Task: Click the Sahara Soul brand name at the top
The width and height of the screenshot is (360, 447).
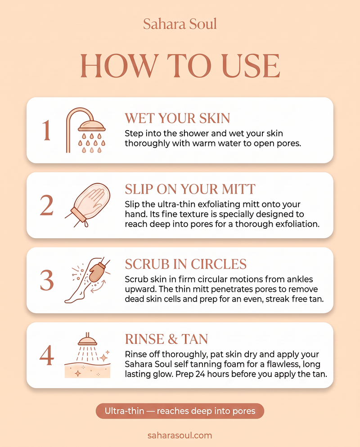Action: pos(180,24)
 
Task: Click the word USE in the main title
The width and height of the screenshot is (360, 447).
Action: pos(251,66)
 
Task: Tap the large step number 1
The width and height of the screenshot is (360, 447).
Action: pos(46,130)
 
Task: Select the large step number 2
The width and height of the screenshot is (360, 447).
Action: pos(46,205)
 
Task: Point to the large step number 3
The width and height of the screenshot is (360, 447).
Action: pos(47,280)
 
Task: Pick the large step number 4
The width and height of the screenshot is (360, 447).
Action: pos(47,355)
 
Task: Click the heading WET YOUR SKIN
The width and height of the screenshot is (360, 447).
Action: pos(177,118)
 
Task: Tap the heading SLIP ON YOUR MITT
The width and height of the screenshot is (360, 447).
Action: pos(190,189)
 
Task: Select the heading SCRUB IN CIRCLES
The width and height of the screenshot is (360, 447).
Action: pos(185,264)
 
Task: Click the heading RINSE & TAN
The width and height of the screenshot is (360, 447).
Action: pos(166,339)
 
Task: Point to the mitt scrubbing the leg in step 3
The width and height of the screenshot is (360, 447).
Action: pos(97,272)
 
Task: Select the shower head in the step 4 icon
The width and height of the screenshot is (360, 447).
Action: pos(87,339)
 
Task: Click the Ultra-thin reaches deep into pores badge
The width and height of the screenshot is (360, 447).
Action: pos(180,411)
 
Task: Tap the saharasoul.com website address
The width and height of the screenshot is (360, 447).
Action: pos(180,436)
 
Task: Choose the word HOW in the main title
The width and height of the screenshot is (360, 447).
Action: pos(119,66)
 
